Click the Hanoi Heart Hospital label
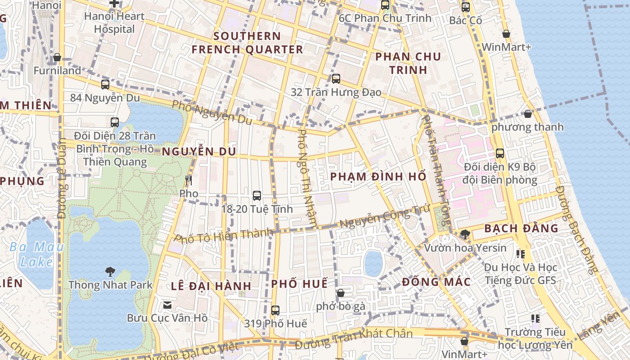(114, 22)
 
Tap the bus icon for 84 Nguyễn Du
(105, 84)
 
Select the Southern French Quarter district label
(247, 43)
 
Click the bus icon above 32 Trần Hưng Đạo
(336, 79)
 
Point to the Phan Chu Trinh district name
(408, 63)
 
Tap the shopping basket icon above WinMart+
(506, 34)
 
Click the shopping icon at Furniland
(57, 57)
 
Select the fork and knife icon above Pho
(189, 180)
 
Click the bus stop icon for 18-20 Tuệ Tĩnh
(257, 195)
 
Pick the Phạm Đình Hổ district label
(378, 176)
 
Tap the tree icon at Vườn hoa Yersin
(465, 234)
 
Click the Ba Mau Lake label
(37, 254)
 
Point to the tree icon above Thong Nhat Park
(110, 271)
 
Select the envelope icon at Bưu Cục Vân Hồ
(167, 305)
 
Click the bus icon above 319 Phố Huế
(275, 310)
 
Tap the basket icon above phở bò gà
(341, 293)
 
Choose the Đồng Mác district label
(436, 282)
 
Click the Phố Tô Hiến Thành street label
(224, 236)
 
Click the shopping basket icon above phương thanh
(528, 114)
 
